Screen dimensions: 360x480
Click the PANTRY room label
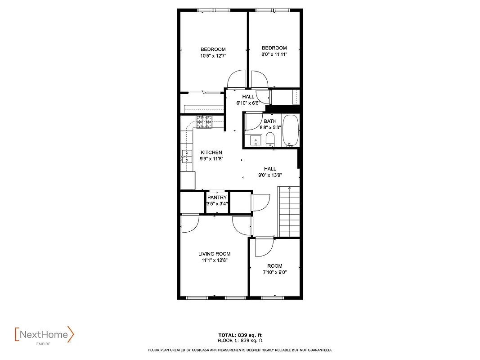217,198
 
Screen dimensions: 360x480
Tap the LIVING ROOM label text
214,254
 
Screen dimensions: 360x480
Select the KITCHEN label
211,153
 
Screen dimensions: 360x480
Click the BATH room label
270,121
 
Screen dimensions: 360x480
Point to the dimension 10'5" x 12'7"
213,56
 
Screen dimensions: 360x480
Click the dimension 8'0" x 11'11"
274,54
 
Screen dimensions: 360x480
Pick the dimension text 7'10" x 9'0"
274,272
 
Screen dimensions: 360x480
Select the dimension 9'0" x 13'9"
270,175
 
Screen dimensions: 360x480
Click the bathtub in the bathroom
291,131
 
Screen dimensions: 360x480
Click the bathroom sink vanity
255,141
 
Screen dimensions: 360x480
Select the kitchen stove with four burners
204,122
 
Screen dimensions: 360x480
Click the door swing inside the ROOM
264,247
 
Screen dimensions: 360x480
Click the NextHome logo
44,335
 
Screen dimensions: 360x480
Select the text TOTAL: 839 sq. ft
240,335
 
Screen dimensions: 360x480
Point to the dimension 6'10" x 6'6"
248,103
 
